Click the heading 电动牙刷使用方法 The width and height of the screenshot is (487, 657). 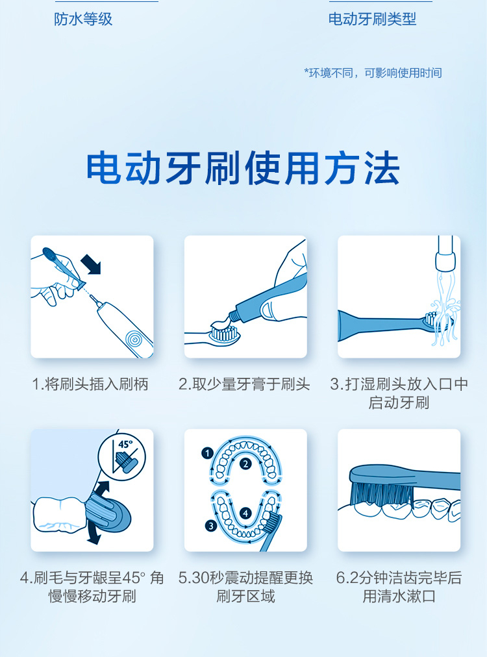tap(243, 167)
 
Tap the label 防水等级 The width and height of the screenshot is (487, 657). tap(83, 19)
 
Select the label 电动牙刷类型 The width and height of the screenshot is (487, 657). tap(372, 19)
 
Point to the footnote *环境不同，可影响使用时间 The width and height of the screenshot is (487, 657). tap(373, 73)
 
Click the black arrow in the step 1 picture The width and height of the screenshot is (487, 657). tap(91, 264)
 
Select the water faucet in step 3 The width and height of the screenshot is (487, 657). tap(445, 253)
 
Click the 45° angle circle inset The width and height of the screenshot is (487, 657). tap(122, 457)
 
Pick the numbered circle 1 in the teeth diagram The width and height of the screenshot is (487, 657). tap(207, 453)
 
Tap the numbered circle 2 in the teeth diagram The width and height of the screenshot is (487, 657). tap(245, 464)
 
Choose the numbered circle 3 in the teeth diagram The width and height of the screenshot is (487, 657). tap(211, 525)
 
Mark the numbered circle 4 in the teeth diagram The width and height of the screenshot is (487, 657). tap(245, 513)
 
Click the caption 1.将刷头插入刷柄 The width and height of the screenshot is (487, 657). tap(90, 384)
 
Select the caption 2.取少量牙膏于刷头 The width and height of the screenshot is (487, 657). tap(244, 384)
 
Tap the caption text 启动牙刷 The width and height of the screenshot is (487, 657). tap(399, 403)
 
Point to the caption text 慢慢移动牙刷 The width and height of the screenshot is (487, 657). tap(92, 596)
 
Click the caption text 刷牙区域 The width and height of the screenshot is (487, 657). tap(245, 596)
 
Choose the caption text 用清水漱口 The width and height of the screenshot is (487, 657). tap(399, 596)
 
